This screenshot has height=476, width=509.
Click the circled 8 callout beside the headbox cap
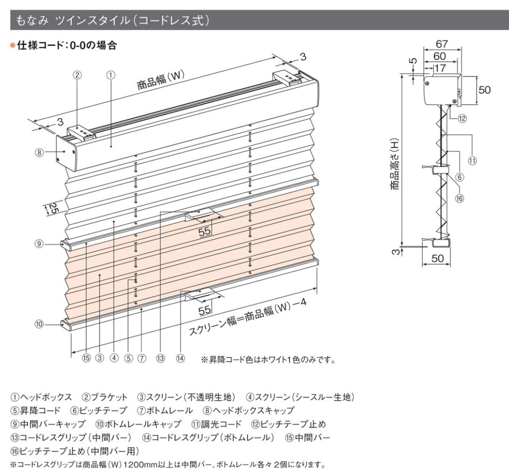click(39, 152)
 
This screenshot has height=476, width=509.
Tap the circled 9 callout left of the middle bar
click(39, 244)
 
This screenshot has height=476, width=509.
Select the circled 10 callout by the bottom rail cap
click(39, 324)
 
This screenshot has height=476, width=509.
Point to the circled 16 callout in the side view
click(459, 198)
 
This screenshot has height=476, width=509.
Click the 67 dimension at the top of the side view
click(442, 44)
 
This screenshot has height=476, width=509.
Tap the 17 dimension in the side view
click(440, 68)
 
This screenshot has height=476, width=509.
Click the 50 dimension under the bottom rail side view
click(437, 258)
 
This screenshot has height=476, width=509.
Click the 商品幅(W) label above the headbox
click(160, 80)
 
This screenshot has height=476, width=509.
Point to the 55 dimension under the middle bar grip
click(205, 231)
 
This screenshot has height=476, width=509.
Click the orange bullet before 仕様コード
click(13, 45)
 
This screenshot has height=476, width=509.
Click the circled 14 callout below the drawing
click(180, 358)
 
